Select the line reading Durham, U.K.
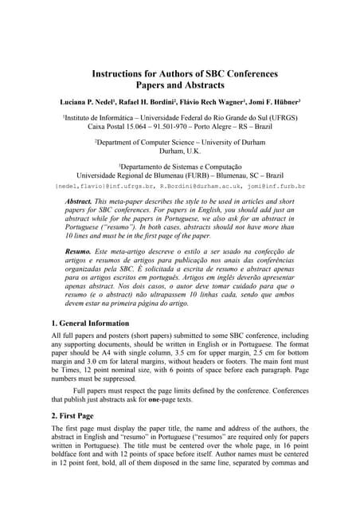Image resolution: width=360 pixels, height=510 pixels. [180, 151]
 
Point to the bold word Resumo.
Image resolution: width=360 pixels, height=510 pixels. [79, 251]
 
